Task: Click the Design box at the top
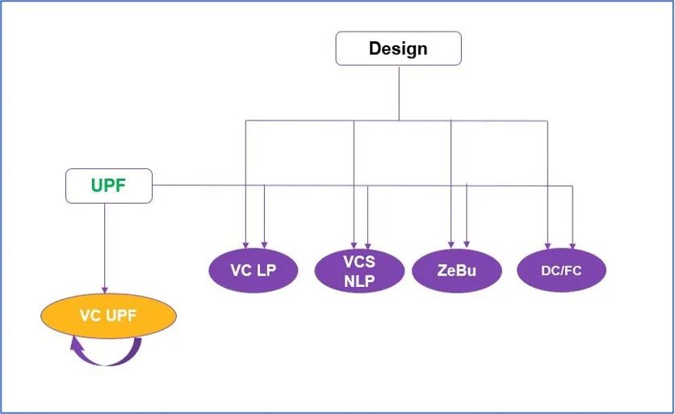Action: (398, 49)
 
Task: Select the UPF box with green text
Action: (108, 186)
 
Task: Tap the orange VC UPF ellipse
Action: (108, 315)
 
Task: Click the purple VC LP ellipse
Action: (253, 270)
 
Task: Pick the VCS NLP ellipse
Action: (359, 271)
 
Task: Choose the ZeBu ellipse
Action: (456, 270)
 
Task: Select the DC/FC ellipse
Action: (561, 270)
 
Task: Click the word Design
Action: (398, 49)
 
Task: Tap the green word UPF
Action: (108, 186)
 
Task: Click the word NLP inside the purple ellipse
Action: (359, 281)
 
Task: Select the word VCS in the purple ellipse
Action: (359, 261)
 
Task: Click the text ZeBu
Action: (456, 270)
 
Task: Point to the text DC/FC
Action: (561, 271)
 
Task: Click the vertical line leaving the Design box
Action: (398, 92)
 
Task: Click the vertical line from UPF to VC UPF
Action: (104, 243)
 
